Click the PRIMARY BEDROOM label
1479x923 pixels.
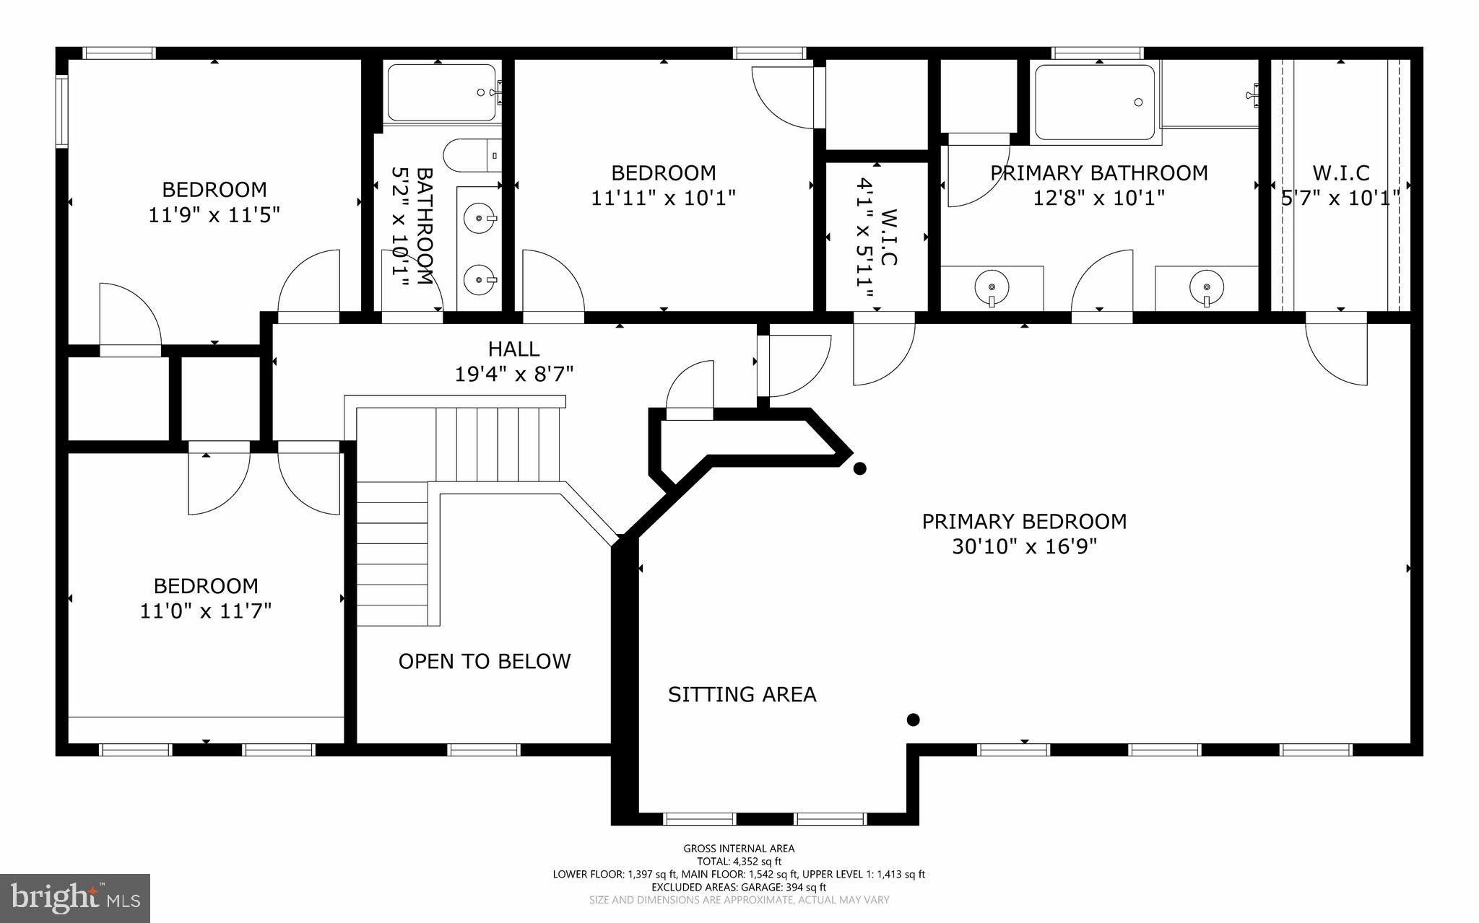pyautogui.click(x=1023, y=521)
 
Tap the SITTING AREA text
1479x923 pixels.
pyautogui.click(x=742, y=694)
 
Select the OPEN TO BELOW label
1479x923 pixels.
pyautogui.click(x=484, y=661)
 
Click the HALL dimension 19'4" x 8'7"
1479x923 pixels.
pyautogui.click(x=513, y=374)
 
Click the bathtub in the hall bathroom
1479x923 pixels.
pyautogui.click(x=441, y=92)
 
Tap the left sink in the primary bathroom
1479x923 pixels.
pyautogui.click(x=991, y=286)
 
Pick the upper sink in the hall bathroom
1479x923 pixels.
pyautogui.click(x=478, y=216)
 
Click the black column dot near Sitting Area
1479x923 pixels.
pyautogui.click(x=913, y=719)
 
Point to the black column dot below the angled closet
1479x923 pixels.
pyautogui.click(x=859, y=468)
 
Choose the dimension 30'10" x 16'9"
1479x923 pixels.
pyautogui.click(x=1023, y=546)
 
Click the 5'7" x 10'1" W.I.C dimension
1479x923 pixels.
pyautogui.click(x=1340, y=197)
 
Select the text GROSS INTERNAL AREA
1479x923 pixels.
pyautogui.click(x=739, y=849)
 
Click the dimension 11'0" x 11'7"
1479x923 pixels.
pyautogui.click(x=206, y=611)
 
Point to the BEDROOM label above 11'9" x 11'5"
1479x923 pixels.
pyautogui.click(x=214, y=190)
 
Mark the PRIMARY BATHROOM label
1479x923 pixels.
pyautogui.click(x=1098, y=173)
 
